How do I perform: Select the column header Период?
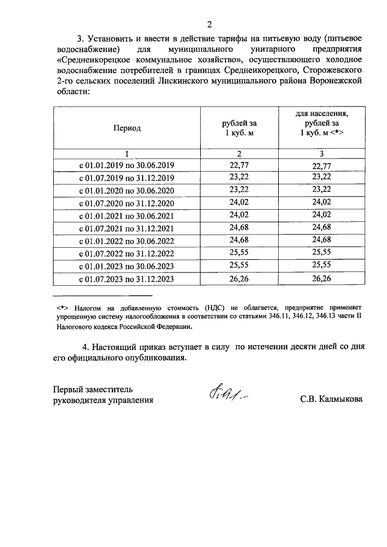(x=126, y=128)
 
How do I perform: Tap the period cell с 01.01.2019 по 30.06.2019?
(x=126, y=166)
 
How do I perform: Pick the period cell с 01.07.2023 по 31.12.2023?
(x=126, y=279)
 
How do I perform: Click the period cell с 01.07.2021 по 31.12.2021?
(x=126, y=228)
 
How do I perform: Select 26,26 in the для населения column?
(x=322, y=279)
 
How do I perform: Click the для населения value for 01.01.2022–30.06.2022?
(x=322, y=241)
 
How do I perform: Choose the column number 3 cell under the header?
(x=322, y=154)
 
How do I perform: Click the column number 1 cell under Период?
(x=126, y=154)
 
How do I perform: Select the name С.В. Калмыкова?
(x=331, y=400)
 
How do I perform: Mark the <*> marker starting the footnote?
(x=60, y=307)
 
